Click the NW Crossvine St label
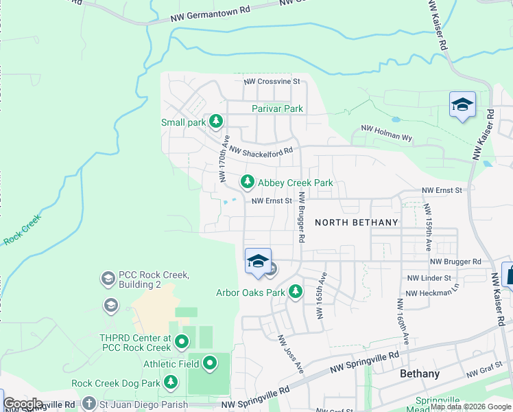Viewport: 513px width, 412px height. (x=273, y=81)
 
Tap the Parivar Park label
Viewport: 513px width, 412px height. (x=277, y=108)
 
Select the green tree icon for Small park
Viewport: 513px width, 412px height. (x=216, y=122)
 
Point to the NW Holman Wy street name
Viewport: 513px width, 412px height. (x=387, y=133)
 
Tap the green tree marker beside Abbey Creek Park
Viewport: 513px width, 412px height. (x=246, y=183)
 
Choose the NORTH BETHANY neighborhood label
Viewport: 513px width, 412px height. (x=357, y=222)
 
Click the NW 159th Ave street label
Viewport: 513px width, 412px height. (x=427, y=227)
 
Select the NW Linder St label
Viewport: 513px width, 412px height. (x=429, y=278)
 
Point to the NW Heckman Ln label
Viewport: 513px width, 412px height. (x=431, y=293)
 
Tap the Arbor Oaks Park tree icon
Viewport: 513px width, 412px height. (x=296, y=293)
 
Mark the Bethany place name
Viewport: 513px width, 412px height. (x=420, y=374)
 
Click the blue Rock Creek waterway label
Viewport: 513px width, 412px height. (x=23, y=229)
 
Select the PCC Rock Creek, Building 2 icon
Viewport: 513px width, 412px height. (x=108, y=279)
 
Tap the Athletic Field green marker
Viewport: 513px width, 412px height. (x=210, y=363)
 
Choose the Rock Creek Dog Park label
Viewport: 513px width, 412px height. (x=115, y=383)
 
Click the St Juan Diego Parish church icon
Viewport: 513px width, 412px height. (x=89, y=404)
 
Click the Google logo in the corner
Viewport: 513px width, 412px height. (x=23, y=404)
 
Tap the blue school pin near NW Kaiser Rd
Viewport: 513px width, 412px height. (x=462, y=105)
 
